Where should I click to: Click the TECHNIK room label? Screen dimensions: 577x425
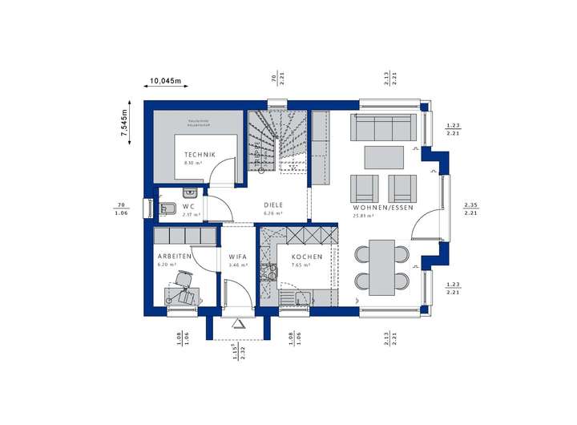(x=196, y=154)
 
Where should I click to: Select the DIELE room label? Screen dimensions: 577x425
(x=274, y=205)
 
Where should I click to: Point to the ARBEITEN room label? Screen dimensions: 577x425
(x=175, y=256)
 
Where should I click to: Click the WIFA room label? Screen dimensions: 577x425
(x=238, y=257)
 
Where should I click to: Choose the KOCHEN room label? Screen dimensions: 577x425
(x=307, y=257)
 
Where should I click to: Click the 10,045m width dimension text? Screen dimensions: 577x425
(x=166, y=81)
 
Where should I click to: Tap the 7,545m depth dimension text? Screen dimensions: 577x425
(x=125, y=123)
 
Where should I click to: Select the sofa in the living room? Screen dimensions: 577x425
(x=384, y=129)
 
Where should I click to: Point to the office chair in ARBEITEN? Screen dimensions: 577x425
(x=186, y=282)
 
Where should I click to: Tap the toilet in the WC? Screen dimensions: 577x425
(x=167, y=209)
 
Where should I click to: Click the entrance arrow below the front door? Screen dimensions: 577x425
(x=238, y=323)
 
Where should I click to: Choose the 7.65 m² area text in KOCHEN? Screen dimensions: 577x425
(x=302, y=265)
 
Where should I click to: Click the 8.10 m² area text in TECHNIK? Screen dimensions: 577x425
(x=193, y=162)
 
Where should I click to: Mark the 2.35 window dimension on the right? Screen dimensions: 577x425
(x=470, y=205)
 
